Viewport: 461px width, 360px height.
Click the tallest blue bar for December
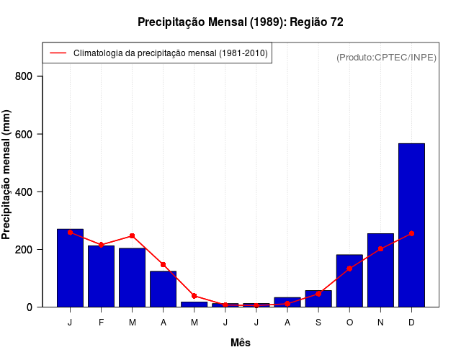[411, 225]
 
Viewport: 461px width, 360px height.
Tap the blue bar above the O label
[349, 281]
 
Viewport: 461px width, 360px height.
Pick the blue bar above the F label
[101, 276]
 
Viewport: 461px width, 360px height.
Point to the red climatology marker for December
[411, 233]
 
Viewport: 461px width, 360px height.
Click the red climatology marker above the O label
[349, 269]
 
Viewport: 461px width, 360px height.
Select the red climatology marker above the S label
[318, 294]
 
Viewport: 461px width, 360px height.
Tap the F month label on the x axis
[101, 323]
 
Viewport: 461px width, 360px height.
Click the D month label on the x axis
[411, 323]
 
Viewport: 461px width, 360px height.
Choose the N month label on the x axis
[380, 323]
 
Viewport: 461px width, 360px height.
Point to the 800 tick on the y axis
[29, 76]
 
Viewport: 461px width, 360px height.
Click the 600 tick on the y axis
[29, 134]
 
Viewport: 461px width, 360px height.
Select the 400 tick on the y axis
[29, 192]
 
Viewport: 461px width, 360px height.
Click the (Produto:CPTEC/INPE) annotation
[386, 57]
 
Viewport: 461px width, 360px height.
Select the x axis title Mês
[241, 343]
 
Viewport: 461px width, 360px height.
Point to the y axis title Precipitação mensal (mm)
[7, 179]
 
